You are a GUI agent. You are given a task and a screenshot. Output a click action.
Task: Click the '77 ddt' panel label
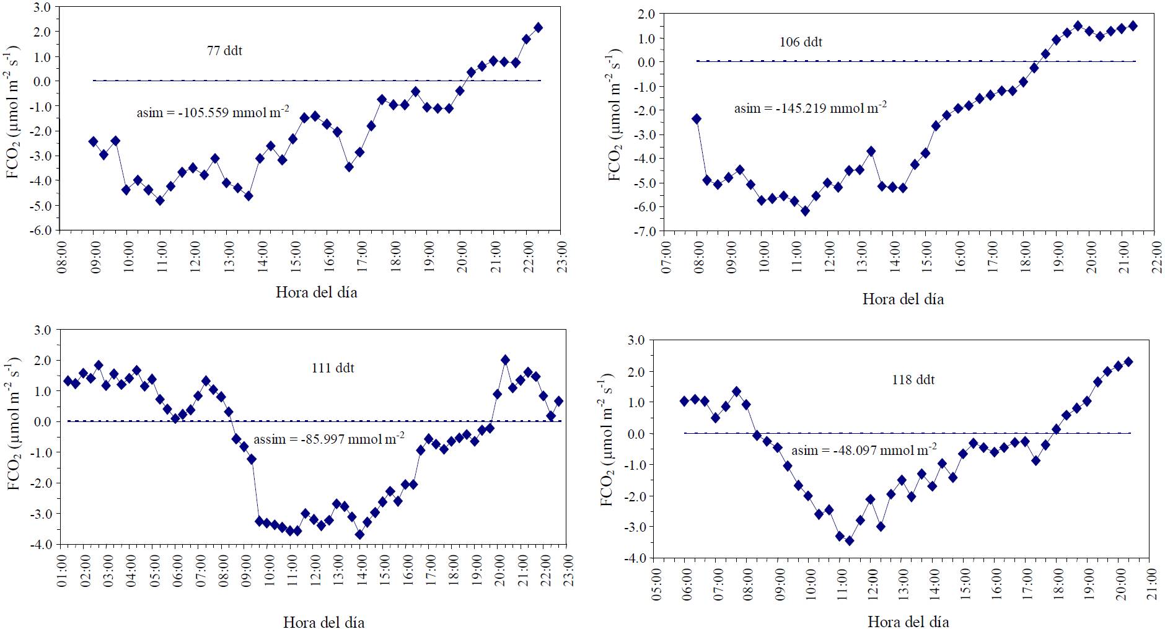point(224,51)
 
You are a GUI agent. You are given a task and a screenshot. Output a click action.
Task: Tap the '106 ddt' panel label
point(801,42)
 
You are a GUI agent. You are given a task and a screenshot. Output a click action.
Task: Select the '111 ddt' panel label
point(333,368)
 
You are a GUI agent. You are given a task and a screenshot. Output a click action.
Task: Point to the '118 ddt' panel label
point(913,379)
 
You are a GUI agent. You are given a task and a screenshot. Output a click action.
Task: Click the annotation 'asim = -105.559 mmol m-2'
point(213,113)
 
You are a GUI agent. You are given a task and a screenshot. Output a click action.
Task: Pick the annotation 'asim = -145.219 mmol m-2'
point(810,108)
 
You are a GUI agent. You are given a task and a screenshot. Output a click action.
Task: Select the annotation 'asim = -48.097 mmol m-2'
point(864,451)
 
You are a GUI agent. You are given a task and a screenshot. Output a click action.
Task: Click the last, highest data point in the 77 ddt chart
point(538,27)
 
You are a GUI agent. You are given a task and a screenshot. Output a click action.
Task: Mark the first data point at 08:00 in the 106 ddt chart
point(697,118)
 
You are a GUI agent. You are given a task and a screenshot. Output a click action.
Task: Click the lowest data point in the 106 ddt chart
point(805,211)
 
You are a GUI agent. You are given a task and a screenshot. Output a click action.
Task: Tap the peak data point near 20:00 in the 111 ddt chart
point(505,360)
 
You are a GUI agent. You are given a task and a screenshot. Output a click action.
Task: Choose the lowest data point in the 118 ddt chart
point(850,540)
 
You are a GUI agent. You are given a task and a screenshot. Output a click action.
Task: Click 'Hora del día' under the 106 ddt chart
point(903,299)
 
